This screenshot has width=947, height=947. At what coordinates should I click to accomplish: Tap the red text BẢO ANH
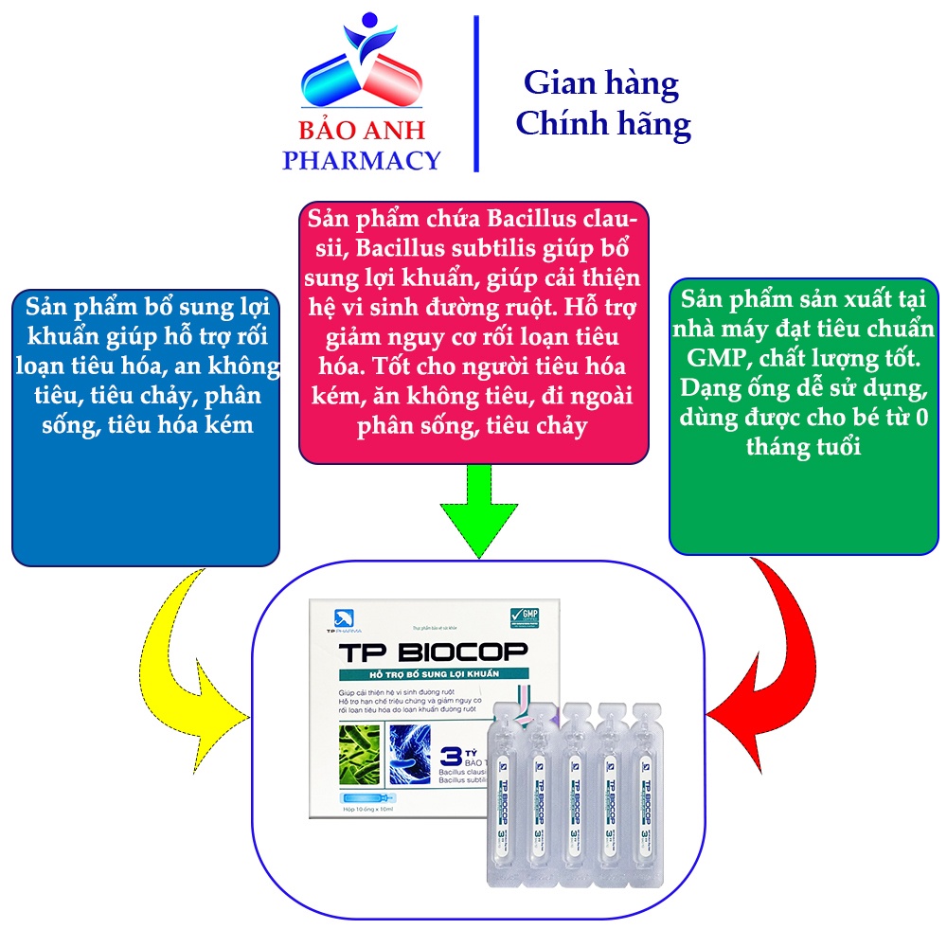click(361, 130)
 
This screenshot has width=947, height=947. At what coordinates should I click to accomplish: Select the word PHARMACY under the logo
click(361, 160)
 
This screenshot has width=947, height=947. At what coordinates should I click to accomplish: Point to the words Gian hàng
click(601, 83)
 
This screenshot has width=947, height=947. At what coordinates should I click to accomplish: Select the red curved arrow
click(758, 653)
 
